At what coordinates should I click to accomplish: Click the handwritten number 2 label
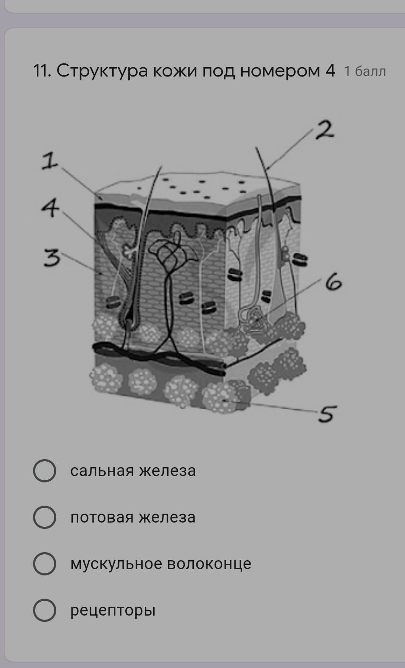325,130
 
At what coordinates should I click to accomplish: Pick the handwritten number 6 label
333,282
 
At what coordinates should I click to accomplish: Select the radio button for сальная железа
44,471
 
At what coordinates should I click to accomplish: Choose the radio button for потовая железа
44,517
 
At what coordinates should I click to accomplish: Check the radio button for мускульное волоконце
44,564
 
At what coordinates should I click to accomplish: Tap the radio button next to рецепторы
44,610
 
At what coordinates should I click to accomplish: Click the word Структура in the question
102,71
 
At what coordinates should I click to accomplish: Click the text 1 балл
365,71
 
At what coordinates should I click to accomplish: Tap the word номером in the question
280,71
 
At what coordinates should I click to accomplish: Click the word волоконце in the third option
209,564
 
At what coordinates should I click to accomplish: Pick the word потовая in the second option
102,517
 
